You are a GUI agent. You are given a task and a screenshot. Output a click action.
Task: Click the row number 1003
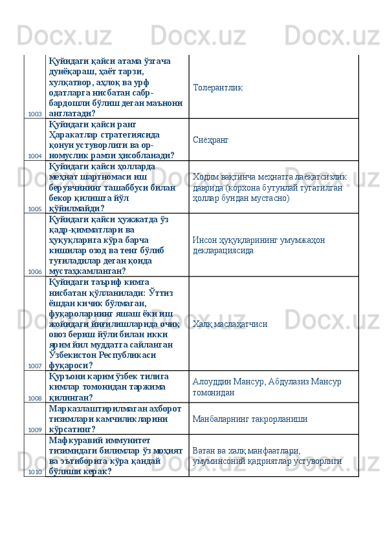click(x=35, y=114)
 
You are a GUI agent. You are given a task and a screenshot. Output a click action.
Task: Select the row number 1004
click(x=35, y=156)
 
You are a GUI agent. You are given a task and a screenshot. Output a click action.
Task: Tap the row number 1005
click(x=35, y=209)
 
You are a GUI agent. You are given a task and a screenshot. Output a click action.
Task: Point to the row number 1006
click(x=35, y=272)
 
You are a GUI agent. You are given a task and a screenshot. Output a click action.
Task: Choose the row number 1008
click(x=35, y=398)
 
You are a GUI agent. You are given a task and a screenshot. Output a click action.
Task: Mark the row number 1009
click(x=35, y=430)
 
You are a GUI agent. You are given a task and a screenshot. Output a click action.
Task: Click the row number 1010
click(x=35, y=472)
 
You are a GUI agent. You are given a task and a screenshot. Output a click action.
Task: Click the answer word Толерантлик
click(x=217, y=87)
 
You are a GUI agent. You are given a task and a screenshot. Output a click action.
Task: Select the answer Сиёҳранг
click(x=210, y=140)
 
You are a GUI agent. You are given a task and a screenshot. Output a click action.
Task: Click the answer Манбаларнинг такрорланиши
click(x=250, y=419)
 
